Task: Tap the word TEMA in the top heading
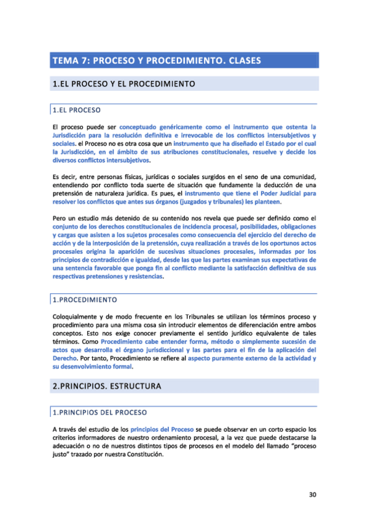tap(65, 60)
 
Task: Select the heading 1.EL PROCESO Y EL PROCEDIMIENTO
tap(124, 83)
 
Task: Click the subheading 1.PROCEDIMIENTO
tap(84, 300)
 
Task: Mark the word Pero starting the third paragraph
tap(58, 218)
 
